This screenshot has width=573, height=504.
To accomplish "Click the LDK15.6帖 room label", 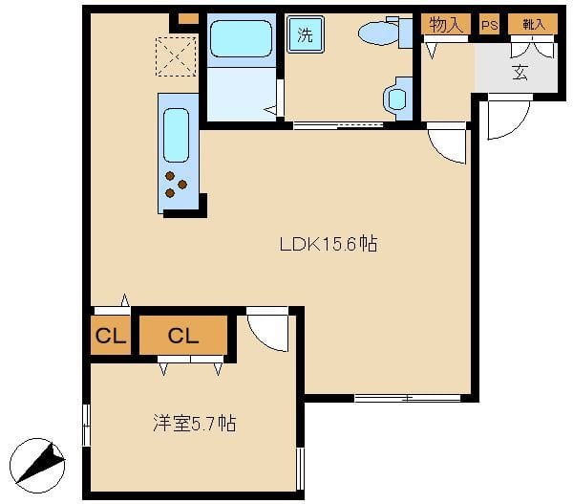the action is [329, 244].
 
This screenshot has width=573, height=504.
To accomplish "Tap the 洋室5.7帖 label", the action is [195, 423].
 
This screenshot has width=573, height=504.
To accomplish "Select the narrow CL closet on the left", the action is [111, 336].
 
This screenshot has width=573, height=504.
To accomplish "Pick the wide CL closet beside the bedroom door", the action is [183, 336].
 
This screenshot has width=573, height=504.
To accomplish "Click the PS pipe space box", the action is [489, 25].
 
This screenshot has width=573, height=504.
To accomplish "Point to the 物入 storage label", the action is [445, 25].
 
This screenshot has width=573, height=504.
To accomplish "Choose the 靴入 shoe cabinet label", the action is [534, 25].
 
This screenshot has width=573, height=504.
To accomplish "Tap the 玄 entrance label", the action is [520, 72].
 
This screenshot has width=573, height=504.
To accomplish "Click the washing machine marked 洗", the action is [306, 34].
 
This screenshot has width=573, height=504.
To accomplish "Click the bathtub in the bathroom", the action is [242, 39].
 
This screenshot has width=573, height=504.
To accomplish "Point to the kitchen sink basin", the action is [176, 135].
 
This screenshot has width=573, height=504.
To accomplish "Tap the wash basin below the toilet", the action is [397, 99].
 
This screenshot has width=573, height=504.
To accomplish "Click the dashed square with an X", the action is [176, 56].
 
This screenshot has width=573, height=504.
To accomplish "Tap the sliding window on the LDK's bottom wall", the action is [408, 398].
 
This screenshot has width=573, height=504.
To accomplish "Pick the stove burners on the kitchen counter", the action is [176, 185].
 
